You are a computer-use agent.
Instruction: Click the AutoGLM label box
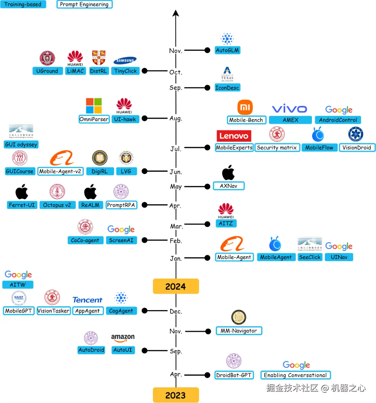227,50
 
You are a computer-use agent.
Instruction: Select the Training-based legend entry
23,5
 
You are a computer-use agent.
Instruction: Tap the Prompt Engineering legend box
84,5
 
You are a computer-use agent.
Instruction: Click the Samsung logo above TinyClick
125,61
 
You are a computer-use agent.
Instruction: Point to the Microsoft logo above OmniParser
94,105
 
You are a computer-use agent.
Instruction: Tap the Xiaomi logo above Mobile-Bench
245,107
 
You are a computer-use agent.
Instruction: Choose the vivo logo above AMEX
289,109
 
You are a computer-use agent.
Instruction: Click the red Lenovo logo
234,136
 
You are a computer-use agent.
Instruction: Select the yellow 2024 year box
176,286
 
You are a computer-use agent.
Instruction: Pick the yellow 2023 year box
176,395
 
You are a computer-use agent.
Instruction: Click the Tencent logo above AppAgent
87,300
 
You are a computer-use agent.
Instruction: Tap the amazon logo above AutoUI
123,338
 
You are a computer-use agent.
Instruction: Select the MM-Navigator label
239,331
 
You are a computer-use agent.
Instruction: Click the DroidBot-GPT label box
234,375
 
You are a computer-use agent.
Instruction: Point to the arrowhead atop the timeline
176,13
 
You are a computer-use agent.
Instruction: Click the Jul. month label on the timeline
176,149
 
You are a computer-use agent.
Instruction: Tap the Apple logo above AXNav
228,173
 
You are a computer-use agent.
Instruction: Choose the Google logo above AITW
18,275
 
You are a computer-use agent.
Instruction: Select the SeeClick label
310,257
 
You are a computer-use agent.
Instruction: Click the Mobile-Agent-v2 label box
60,171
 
